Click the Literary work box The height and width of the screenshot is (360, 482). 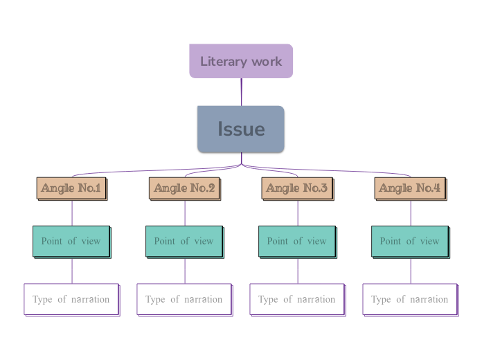(241, 61)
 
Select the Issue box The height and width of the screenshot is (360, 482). (241, 129)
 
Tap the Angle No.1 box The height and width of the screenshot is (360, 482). (71, 188)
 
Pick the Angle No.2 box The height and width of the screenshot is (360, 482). (184, 188)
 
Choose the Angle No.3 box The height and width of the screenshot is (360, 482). (297, 188)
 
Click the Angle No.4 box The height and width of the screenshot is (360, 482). (410, 188)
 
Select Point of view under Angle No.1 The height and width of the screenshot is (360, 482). (71, 242)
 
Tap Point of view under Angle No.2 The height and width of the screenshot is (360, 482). (184, 242)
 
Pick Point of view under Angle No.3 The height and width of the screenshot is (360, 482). (297, 242)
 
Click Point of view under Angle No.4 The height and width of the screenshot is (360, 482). (410, 242)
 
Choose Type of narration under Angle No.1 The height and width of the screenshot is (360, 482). (71, 300)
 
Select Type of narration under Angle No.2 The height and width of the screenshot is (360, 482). (184, 300)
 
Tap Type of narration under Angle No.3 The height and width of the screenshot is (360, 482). (297, 300)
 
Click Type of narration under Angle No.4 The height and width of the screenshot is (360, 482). (410, 300)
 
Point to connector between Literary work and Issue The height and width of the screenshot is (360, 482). (242, 92)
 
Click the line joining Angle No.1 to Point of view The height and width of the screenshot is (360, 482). (72, 213)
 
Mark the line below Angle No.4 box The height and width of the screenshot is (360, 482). (411, 213)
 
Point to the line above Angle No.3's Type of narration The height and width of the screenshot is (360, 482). (298, 271)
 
